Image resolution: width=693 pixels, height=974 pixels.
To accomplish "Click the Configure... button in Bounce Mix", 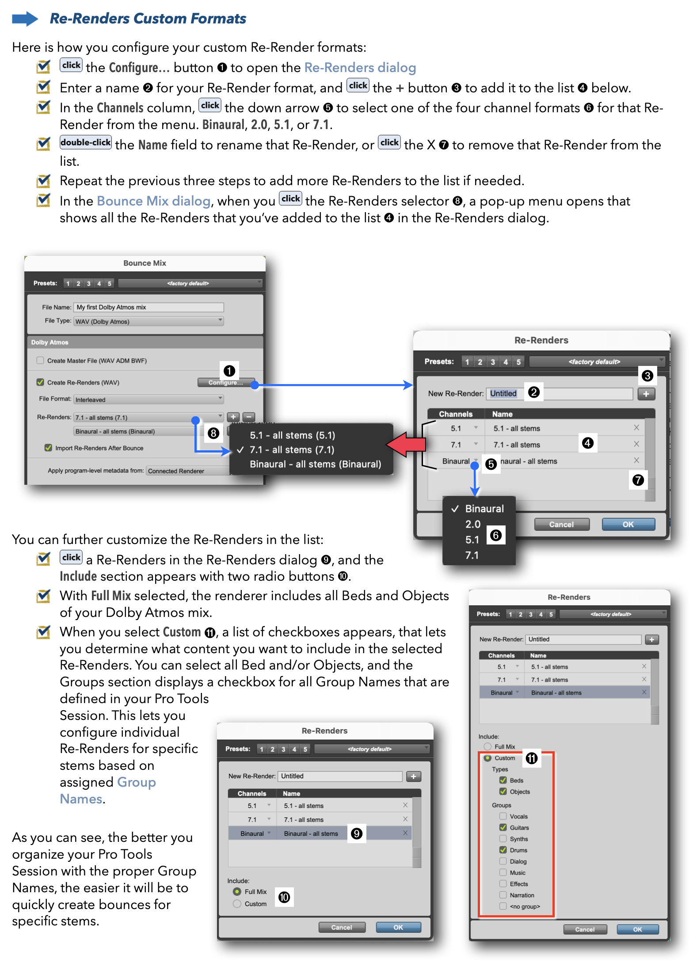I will (x=226, y=382).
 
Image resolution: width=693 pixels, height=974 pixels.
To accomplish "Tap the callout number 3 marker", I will (x=647, y=376).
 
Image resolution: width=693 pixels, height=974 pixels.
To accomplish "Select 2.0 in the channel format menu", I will (x=472, y=524).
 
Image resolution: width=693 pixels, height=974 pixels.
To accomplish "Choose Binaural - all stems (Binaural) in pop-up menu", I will (x=315, y=464).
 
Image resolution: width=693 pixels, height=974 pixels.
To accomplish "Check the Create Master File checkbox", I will (x=41, y=361).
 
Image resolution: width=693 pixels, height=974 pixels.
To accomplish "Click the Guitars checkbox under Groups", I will (x=503, y=827).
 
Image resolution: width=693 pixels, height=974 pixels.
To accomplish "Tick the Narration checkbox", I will (x=503, y=895).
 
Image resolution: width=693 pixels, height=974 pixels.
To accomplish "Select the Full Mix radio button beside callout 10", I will (x=237, y=892).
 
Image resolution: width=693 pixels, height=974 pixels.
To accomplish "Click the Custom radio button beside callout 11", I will (x=488, y=758).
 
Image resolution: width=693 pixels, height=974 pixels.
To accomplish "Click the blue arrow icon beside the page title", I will (x=25, y=19).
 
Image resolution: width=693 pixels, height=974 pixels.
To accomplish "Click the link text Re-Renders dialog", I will (x=360, y=68).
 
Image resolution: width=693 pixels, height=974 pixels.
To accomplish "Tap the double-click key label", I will (x=86, y=143).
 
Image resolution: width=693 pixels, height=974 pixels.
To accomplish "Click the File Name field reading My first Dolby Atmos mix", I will (x=148, y=307).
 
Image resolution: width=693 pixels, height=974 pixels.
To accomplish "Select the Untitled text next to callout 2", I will (x=503, y=393).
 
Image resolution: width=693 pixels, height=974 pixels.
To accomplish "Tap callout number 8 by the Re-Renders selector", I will (x=213, y=433).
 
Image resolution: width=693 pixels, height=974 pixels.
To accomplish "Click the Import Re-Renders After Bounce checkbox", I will (x=48, y=448).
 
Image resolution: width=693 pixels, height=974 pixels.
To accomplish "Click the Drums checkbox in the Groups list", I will (x=503, y=850).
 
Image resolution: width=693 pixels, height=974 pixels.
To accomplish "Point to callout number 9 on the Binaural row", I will (x=357, y=833).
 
